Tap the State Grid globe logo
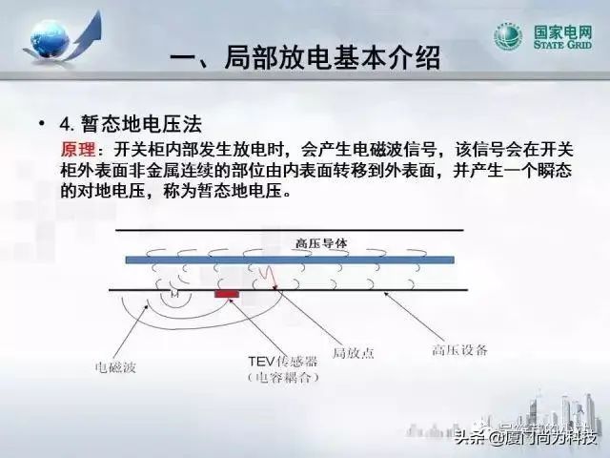(507, 37)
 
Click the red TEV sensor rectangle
(226, 293)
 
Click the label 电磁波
(113, 365)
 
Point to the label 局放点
(353, 352)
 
